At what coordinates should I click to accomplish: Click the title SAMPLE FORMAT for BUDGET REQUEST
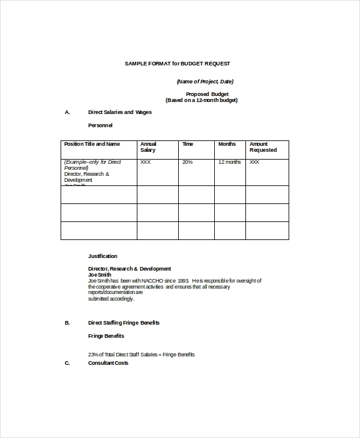[x=177, y=63]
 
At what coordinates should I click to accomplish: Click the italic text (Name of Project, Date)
[x=205, y=82]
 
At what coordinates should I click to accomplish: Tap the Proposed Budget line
[x=206, y=94]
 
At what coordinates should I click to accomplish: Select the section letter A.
[x=67, y=112]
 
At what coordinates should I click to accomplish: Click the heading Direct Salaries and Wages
[x=120, y=112]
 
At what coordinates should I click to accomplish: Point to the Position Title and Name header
[x=92, y=144]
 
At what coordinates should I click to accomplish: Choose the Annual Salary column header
[x=148, y=147]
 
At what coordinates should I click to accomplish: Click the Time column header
[x=188, y=144]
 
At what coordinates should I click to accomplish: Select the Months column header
[x=227, y=144]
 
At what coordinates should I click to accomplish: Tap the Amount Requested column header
[x=263, y=147]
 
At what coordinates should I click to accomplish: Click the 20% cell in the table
[x=187, y=162]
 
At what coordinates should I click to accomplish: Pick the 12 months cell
[x=229, y=162]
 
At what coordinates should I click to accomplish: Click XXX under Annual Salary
[x=145, y=162]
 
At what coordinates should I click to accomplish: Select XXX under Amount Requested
[x=254, y=162]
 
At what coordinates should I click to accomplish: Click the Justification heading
[x=103, y=256]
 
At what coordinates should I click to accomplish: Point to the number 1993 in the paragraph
[x=183, y=280]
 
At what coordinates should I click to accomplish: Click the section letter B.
[x=67, y=323]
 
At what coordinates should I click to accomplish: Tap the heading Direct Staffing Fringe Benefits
[x=124, y=323]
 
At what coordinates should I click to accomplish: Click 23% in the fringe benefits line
[x=94, y=355]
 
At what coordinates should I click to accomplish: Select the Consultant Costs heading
[x=108, y=363]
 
